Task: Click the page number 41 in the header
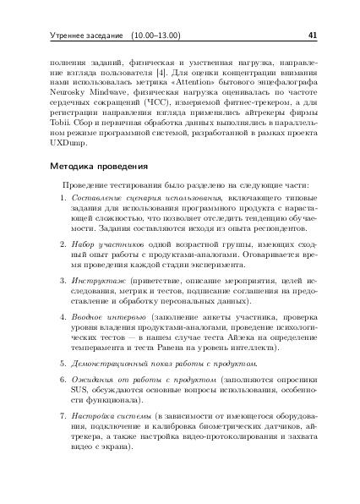click(312, 36)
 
